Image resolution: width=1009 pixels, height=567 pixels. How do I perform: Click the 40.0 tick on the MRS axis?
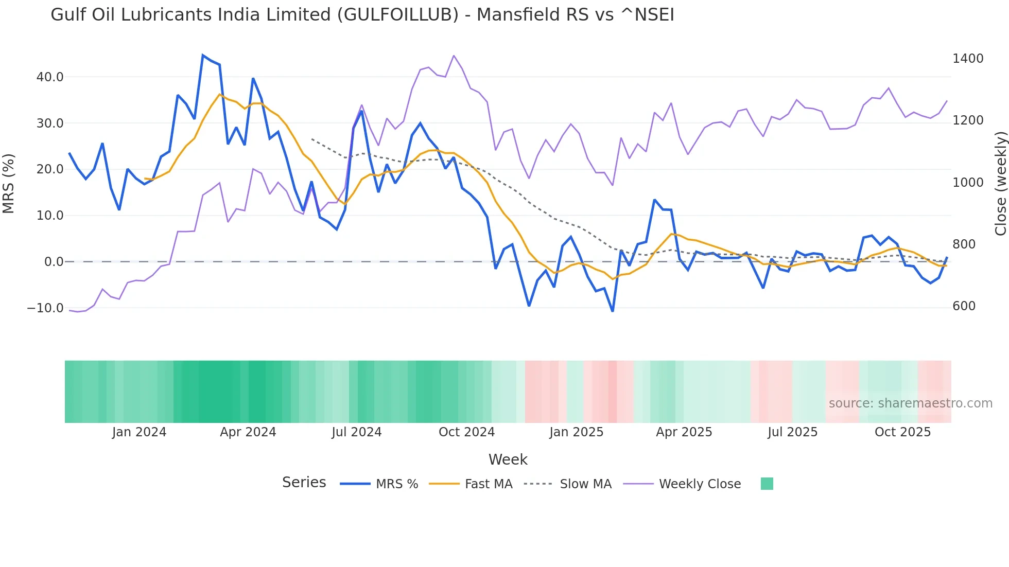tap(50, 77)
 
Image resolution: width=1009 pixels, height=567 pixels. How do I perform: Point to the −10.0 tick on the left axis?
tap(45, 308)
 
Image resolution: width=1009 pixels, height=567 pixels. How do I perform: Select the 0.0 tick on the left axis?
tap(54, 262)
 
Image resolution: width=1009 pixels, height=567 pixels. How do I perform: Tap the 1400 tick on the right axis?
tap(968, 59)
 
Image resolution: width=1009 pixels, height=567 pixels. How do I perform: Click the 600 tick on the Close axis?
tap(964, 306)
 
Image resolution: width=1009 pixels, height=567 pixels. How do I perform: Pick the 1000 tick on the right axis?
tap(968, 183)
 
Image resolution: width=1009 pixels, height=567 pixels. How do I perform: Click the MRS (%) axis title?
tap(9, 184)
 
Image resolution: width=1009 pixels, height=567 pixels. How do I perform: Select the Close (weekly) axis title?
tap(1000, 184)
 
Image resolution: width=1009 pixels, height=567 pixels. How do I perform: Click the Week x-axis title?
tap(508, 459)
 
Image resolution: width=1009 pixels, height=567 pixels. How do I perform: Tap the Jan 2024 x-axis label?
tap(139, 432)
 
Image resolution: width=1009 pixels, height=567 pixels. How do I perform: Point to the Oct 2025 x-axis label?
tap(902, 432)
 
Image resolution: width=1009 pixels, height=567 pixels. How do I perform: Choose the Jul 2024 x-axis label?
tap(356, 432)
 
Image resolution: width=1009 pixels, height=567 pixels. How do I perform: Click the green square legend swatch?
tap(767, 484)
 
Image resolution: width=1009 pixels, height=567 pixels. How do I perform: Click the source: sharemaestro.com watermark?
tap(910, 403)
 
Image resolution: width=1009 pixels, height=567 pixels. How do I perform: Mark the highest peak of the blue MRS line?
tap(203, 55)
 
